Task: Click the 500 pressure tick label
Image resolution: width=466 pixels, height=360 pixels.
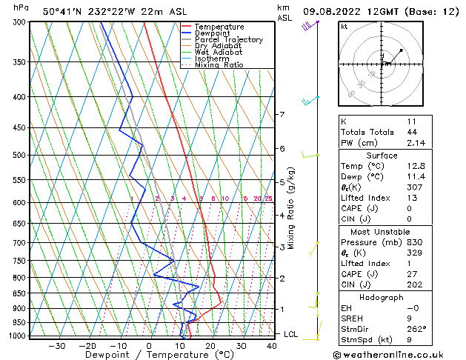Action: tap(19, 156)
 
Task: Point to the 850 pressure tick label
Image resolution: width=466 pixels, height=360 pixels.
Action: tap(19, 293)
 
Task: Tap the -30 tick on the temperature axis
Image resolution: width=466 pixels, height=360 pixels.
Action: tap(56, 346)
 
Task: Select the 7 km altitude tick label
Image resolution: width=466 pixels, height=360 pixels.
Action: tap(282, 115)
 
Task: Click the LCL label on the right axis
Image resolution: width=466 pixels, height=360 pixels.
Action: tap(292, 334)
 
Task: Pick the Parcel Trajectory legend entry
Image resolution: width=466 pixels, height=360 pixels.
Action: tap(228, 39)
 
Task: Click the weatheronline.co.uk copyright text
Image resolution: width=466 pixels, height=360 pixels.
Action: tap(396, 353)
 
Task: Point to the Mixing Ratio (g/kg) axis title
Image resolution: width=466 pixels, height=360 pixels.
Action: tap(291, 208)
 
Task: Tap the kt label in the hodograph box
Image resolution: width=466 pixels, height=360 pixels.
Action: tap(344, 26)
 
